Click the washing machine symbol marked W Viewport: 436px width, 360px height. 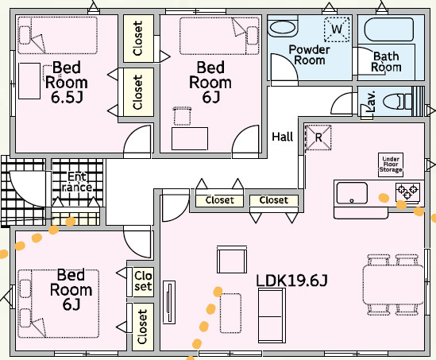(x=337, y=29)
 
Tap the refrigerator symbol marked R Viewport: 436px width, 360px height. (x=318, y=137)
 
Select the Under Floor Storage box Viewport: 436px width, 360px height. (x=391, y=165)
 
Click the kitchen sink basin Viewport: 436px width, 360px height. (x=352, y=193)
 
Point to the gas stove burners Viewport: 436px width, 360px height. (x=407, y=192)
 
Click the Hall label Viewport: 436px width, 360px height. (x=283, y=137)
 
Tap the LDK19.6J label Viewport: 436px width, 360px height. (x=291, y=281)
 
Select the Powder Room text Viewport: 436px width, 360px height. (x=310, y=55)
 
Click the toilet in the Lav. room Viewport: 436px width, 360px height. (x=398, y=101)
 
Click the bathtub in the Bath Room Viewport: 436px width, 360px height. (x=389, y=29)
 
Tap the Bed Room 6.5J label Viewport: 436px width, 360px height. (x=67, y=83)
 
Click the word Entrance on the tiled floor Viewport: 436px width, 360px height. (x=77, y=182)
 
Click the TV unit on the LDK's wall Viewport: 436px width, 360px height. (x=169, y=302)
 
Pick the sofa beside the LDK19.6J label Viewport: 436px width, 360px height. (x=272, y=315)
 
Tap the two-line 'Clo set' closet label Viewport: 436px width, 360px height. (x=143, y=281)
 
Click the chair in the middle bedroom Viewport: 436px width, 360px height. (x=182, y=116)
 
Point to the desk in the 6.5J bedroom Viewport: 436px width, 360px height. (x=29, y=81)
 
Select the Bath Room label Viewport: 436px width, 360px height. (x=386, y=61)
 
